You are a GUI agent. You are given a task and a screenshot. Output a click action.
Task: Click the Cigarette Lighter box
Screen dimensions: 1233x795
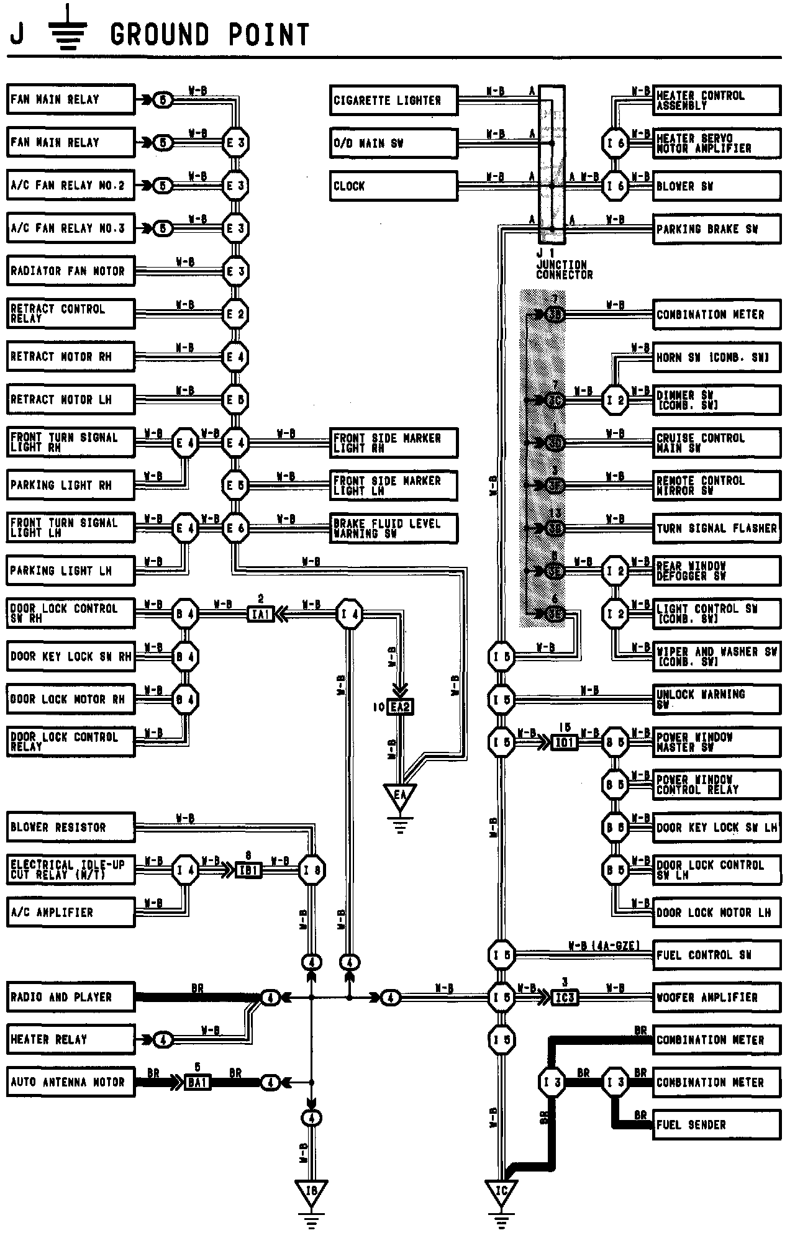393,100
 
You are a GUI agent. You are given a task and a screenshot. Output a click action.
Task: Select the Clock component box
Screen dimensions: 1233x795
393,186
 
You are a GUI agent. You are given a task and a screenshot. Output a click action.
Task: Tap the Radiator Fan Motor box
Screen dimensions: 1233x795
71,271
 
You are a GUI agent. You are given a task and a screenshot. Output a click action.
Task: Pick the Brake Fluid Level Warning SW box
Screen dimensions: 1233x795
394,528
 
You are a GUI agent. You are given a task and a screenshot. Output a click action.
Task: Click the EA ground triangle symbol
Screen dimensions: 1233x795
400,795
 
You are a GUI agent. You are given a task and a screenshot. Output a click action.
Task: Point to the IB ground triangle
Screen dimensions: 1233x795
311,1191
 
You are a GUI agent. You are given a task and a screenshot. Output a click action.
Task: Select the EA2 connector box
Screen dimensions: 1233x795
400,707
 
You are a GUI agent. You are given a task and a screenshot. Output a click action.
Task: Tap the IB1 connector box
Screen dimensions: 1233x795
248,870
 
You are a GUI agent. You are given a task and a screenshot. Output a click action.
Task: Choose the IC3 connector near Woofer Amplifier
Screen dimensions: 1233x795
565,998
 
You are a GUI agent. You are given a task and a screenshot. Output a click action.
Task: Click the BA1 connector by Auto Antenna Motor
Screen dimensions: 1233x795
198,1083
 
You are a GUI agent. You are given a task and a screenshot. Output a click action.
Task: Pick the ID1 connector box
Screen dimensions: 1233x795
565,743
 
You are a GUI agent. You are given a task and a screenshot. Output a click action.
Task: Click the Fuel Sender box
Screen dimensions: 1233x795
717,1125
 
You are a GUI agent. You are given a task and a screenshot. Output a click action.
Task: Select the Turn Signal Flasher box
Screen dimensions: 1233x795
717,528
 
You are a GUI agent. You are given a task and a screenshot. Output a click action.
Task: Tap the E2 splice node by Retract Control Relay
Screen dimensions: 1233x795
235,314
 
